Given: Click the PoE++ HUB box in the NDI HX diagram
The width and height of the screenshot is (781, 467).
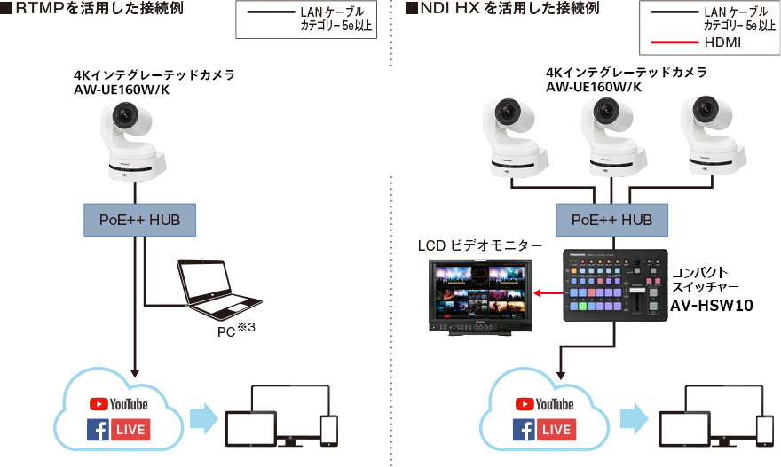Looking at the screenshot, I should (x=611, y=219).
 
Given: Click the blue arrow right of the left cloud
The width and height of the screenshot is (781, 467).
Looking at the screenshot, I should (x=203, y=419).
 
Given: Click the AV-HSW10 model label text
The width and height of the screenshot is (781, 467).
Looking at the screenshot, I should (x=711, y=306).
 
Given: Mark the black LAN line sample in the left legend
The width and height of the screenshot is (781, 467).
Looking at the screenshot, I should (x=268, y=12).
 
